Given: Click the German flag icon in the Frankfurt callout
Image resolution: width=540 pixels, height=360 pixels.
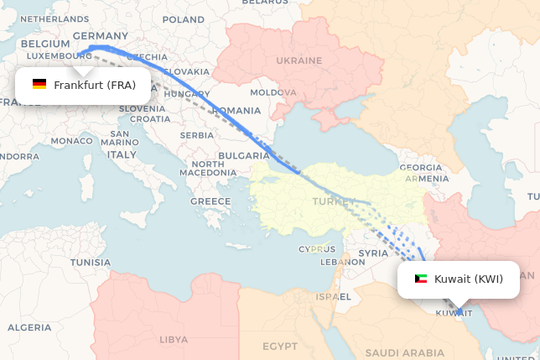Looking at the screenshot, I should [39, 85].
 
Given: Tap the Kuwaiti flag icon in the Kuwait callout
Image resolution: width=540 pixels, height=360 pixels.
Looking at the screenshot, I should [420, 279].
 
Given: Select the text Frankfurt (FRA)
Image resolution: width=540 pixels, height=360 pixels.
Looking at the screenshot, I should [95, 85].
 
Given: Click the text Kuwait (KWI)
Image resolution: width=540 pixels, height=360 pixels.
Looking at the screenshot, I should [469, 279].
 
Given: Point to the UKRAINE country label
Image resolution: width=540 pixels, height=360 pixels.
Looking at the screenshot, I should [299, 60].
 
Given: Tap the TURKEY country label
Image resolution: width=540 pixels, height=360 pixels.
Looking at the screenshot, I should [328, 201].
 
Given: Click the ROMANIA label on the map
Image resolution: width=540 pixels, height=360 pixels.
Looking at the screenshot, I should [236, 111].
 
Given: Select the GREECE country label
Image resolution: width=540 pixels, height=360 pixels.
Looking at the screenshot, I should [210, 201].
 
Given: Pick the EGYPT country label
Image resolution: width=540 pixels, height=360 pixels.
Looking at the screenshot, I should [279, 346].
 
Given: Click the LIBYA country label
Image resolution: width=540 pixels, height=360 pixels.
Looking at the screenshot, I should [174, 339].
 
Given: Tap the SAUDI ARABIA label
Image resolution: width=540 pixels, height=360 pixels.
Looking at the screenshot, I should [404, 353].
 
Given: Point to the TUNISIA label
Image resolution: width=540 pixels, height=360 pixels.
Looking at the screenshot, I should [90, 263].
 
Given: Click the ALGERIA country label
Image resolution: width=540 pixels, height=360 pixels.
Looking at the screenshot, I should [35, 327].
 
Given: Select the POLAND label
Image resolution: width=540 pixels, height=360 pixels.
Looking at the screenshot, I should [183, 19].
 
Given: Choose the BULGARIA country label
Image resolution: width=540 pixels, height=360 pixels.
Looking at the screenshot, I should [244, 156].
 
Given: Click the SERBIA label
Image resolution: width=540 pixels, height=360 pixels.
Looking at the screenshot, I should [197, 135].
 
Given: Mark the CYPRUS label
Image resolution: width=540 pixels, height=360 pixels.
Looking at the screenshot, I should [317, 249].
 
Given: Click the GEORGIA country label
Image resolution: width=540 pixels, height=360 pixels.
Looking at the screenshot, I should [421, 168].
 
